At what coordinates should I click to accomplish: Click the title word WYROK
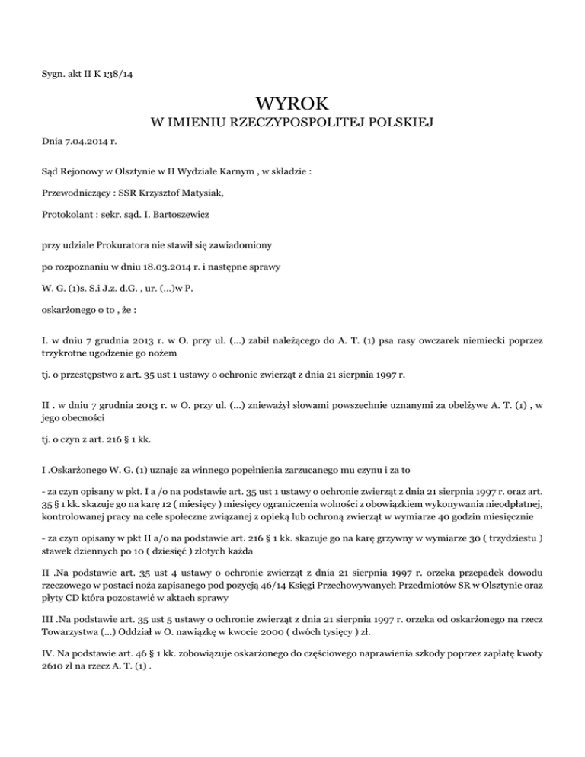[x=292, y=101]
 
